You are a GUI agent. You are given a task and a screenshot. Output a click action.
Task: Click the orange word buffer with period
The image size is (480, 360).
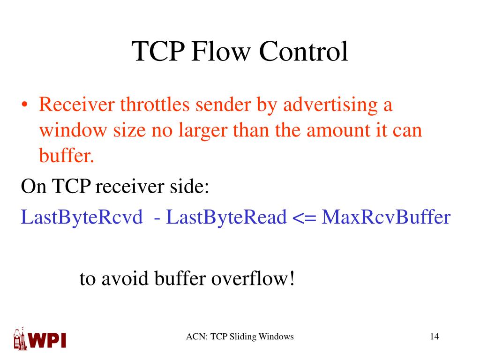tap(66, 155)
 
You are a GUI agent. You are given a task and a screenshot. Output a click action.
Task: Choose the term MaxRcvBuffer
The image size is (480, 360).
tap(386, 217)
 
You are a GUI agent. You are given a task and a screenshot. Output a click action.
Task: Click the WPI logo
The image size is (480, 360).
tap(39, 338)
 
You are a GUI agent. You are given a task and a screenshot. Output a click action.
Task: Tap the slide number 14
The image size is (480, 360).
tap(434, 337)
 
